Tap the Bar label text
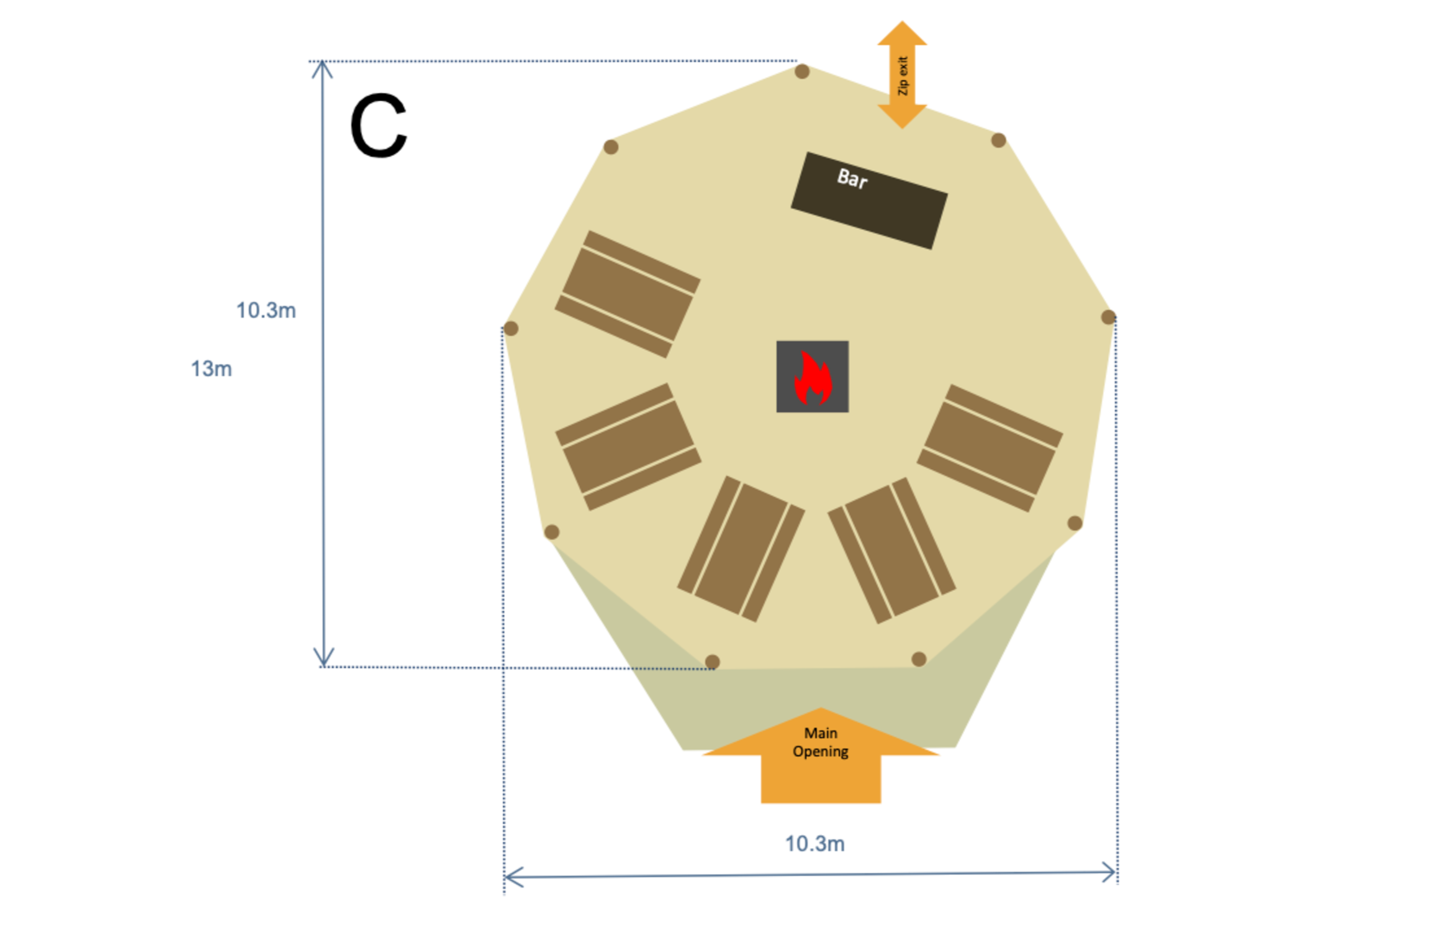pyautogui.click(x=852, y=179)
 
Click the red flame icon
pyautogui.click(x=813, y=378)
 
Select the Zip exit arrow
pyautogui.click(x=902, y=75)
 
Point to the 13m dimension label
pyautogui.click(x=211, y=369)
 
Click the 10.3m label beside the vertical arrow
pyautogui.click(x=266, y=311)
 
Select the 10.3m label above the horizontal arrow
pyautogui.click(x=814, y=844)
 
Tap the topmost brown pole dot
pyautogui.click(x=802, y=71)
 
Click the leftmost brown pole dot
pyautogui.click(x=511, y=329)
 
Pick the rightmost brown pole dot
pyautogui.click(x=1108, y=317)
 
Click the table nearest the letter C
pyautogui.click(x=628, y=294)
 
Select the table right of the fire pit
pyautogui.click(x=990, y=448)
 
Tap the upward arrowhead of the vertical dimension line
pyautogui.click(x=322, y=69)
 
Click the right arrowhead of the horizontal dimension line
pyautogui.click(x=1109, y=872)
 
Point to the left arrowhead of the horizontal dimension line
pyautogui.click(x=513, y=877)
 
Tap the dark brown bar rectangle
pyautogui.click(x=869, y=201)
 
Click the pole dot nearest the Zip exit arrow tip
pyautogui.click(x=998, y=140)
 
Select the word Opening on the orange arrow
pyautogui.click(x=820, y=752)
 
